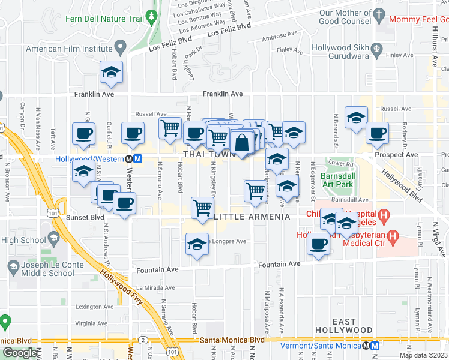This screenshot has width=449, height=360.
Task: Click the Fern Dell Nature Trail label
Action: click(106, 19)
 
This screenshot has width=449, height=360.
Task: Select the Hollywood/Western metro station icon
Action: click(137, 159)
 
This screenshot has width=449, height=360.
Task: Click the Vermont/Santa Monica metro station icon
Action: click(374, 346)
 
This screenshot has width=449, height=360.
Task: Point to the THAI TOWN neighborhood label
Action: click(206, 154)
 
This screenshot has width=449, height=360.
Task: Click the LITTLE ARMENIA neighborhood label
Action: click(244, 216)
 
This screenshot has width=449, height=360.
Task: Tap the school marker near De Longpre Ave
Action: click(196, 244)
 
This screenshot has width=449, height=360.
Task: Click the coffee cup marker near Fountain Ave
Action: click(318, 244)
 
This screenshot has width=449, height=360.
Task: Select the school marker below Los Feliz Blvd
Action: click(112, 73)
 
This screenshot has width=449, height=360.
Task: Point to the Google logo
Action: click(19, 353)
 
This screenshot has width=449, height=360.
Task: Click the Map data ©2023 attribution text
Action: click(424, 355)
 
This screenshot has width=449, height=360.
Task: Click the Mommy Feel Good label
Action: click(418, 19)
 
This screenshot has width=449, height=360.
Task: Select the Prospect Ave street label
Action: click(396, 155)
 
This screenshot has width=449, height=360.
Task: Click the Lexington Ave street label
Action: click(94, 307)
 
